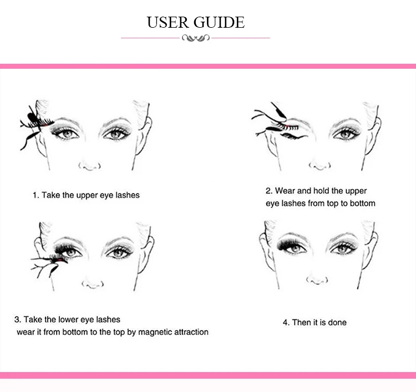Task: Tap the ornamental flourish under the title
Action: [195, 38]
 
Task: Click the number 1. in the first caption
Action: [35, 195]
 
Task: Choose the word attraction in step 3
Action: [186, 332]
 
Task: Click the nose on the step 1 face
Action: [90, 164]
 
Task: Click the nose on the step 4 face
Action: [317, 279]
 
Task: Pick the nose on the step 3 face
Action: [92, 283]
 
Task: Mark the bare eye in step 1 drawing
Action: [116, 133]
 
